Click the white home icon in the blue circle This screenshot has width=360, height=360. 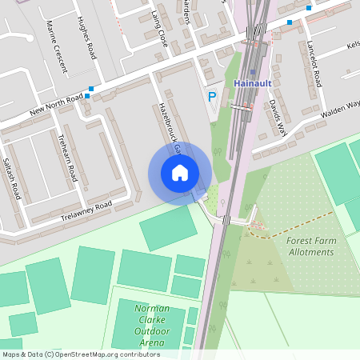[180, 172]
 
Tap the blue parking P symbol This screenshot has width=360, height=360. [212, 97]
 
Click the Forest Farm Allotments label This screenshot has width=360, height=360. [310, 246]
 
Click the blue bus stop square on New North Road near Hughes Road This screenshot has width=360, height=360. [92, 89]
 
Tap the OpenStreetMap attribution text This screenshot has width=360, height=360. [80, 354]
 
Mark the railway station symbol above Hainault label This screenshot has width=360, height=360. [253, 72]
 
